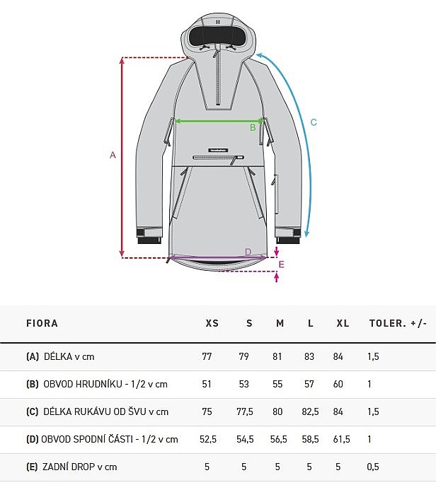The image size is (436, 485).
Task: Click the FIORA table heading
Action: [x=42, y=323]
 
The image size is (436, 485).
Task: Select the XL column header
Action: [x=343, y=323]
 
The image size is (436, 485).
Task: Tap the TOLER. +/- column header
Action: [x=398, y=323]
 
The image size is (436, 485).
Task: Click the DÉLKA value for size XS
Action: [x=207, y=356]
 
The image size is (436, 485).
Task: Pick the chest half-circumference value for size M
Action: [x=277, y=384]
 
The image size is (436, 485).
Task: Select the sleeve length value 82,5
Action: [x=310, y=411]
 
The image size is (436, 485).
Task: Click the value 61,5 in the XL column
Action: [x=342, y=439]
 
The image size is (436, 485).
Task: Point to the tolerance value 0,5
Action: [x=373, y=467]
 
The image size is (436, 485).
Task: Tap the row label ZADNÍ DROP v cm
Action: [x=79, y=467]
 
